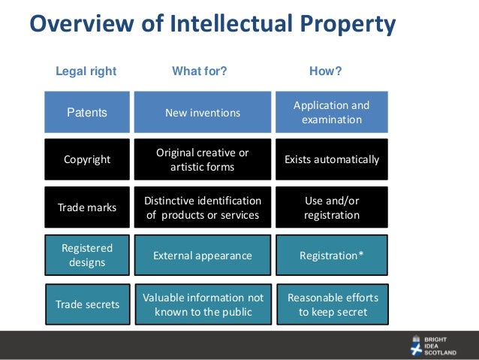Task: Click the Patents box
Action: coord(87,113)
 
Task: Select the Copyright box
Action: coord(87,159)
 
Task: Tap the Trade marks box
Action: coord(87,207)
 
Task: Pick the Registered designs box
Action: coord(87,256)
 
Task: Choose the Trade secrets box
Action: coord(87,304)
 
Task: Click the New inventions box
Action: coord(203,113)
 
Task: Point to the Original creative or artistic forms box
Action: coord(203,159)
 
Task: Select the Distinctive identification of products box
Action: coord(203,207)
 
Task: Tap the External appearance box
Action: coord(203,256)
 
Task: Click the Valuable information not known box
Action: coord(203,304)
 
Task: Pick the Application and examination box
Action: coord(331,113)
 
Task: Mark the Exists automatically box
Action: coord(331,159)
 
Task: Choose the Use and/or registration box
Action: coord(331,207)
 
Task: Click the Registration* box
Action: coord(331,256)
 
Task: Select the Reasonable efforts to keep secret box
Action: coord(333,304)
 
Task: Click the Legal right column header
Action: coord(86,71)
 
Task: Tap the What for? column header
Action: coord(200,71)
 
